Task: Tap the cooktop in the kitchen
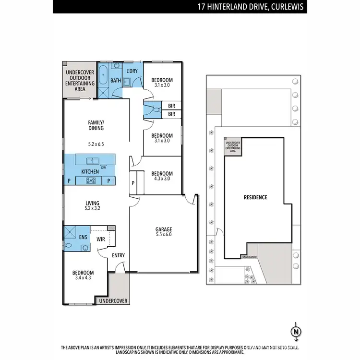(90, 180)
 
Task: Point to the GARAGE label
(163, 229)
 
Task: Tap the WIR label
(101, 239)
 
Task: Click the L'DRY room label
(132, 72)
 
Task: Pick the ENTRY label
(118, 255)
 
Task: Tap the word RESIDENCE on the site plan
(255, 197)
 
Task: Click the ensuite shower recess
(70, 233)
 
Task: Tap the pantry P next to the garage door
(133, 183)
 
